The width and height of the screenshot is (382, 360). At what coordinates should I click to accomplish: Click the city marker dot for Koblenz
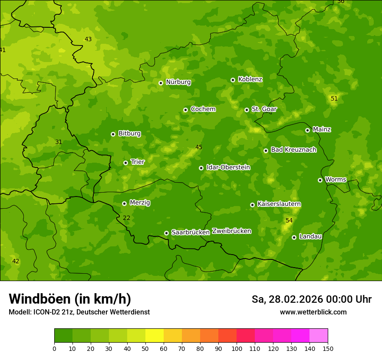click(x=233, y=80)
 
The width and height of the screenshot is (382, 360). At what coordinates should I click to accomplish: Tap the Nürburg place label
click(x=178, y=82)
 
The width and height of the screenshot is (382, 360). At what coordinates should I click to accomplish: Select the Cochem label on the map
click(x=203, y=109)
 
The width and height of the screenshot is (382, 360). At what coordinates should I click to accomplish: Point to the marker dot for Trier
click(x=126, y=163)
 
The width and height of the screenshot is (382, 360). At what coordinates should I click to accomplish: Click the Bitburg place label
click(x=129, y=134)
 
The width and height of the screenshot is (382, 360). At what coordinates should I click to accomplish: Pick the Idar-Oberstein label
click(x=228, y=167)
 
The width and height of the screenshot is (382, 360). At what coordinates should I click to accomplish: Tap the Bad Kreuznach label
click(x=293, y=150)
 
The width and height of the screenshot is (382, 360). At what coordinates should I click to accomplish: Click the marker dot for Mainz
click(x=308, y=130)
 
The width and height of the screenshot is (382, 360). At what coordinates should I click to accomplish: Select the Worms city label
click(x=336, y=180)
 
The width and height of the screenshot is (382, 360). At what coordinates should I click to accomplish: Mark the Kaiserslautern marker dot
click(x=253, y=205)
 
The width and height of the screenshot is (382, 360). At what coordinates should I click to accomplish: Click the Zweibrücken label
click(x=231, y=231)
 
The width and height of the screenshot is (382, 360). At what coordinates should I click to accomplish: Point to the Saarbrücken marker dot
click(x=166, y=233)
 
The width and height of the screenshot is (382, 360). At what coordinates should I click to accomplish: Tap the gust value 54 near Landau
click(x=289, y=221)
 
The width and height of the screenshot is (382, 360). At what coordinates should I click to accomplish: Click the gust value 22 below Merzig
click(x=126, y=218)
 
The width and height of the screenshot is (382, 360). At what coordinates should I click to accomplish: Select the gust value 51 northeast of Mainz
click(x=334, y=98)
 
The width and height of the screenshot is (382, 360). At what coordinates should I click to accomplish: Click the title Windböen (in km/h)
click(x=70, y=299)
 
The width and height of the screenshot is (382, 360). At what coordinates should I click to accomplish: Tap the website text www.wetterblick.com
click(x=313, y=312)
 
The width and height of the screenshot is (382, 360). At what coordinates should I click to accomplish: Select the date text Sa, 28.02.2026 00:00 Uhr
click(x=311, y=299)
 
